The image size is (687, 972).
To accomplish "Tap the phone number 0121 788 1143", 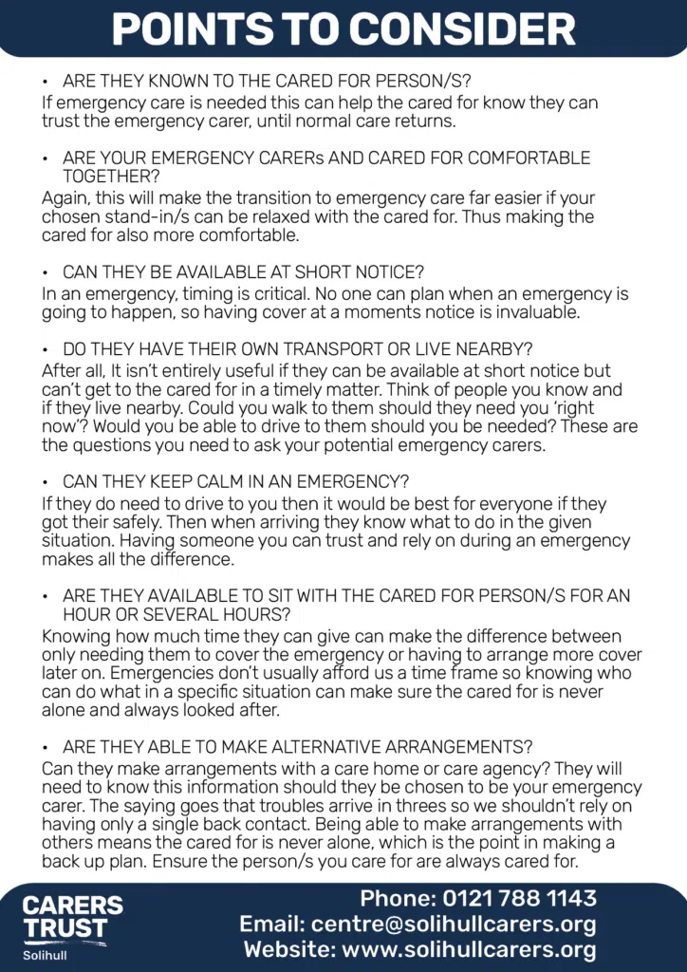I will [x=519, y=899].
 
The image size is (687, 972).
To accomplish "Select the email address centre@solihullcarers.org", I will [x=459, y=925].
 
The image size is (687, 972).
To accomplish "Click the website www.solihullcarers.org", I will [x=469, y=949].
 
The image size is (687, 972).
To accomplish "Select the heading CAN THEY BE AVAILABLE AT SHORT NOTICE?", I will [x=243, y=272].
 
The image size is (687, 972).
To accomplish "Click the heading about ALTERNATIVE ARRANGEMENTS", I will [x=297, y=746].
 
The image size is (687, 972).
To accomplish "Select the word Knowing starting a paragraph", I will [x=75, y=636].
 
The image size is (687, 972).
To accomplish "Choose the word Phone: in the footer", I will [x=397, y=899].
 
